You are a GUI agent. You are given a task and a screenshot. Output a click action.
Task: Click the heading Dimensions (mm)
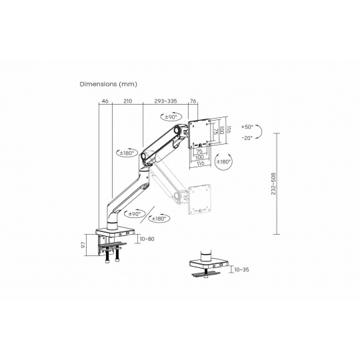(x=109, y=84)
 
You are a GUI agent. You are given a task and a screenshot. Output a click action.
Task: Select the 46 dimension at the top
(x=105, y=101)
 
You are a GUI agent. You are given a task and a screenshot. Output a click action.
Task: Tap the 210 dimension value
(x=128, y=101)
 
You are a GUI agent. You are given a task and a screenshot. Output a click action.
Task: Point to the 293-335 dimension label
(x=165, y=101)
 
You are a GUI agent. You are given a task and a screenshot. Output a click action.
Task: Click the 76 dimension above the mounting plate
(x=193, y=101)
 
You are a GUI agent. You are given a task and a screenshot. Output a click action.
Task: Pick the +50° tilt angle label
(x=247, y=127)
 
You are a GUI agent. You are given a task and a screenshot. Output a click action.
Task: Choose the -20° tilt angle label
(x=247, y=138)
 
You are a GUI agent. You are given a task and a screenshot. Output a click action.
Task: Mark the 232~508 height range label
(x=273, y=184)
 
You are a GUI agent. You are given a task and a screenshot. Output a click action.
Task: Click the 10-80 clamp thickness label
(x=147, y=239)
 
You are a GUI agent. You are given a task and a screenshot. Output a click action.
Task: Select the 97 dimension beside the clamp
(x=83, y=245)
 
